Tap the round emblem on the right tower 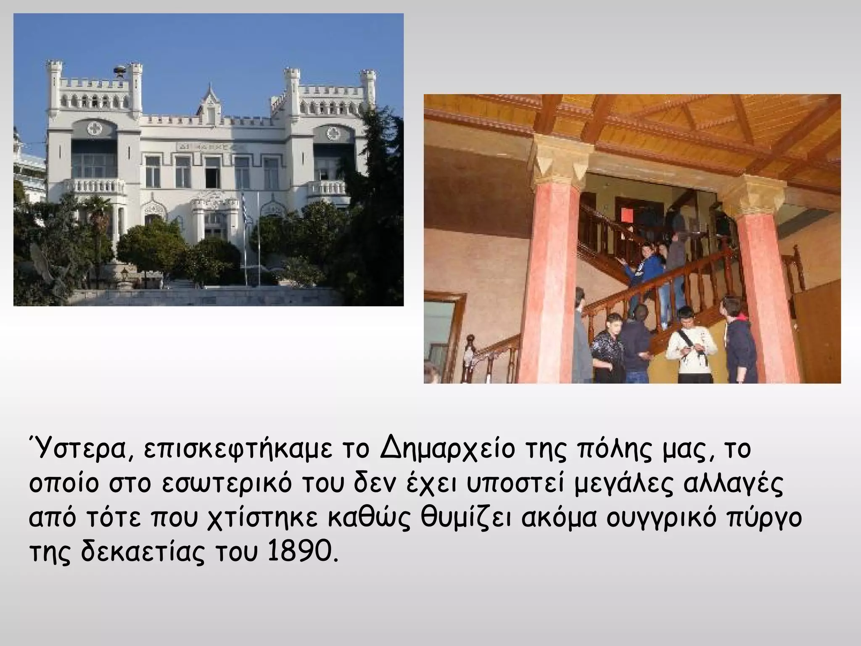point(333,133)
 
